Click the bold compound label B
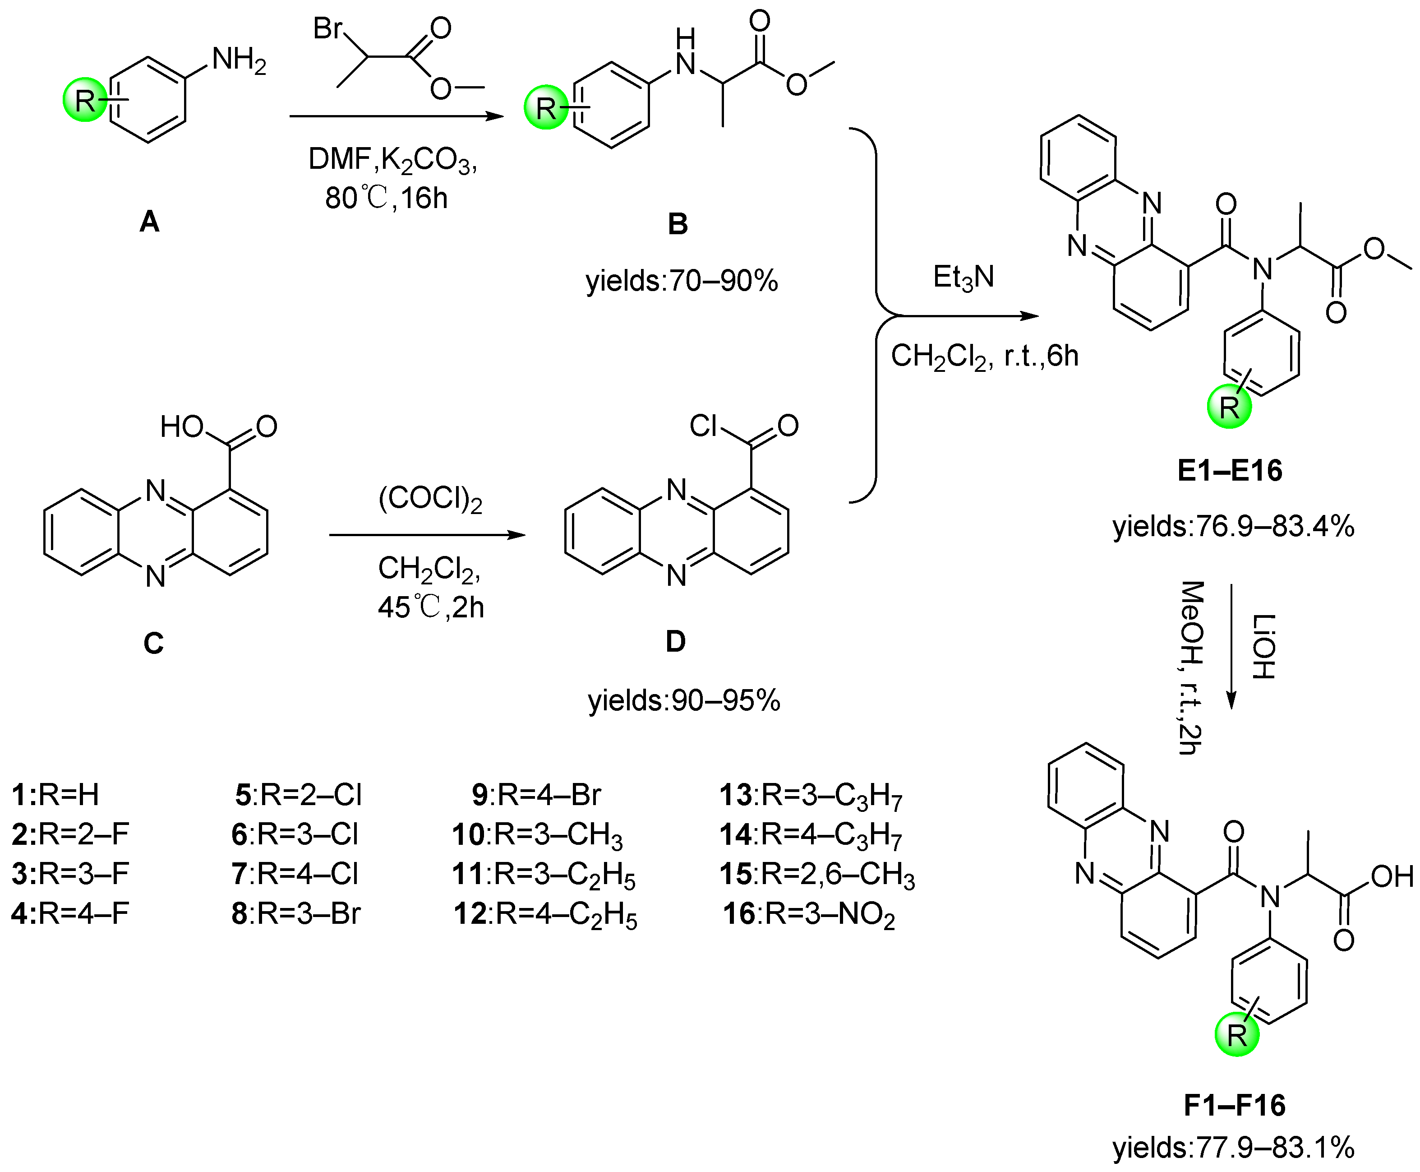click(677, 223)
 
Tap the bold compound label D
click(676, 641)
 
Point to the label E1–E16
click(1230, 471)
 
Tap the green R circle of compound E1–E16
click(1229, 407)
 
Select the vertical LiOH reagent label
click(1263, 646)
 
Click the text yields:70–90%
click(682, 280)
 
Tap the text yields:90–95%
click(684, 701)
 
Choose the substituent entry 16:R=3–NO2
click(808, 915)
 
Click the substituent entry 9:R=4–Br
click(536, 795)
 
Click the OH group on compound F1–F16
click(1392, 877)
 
